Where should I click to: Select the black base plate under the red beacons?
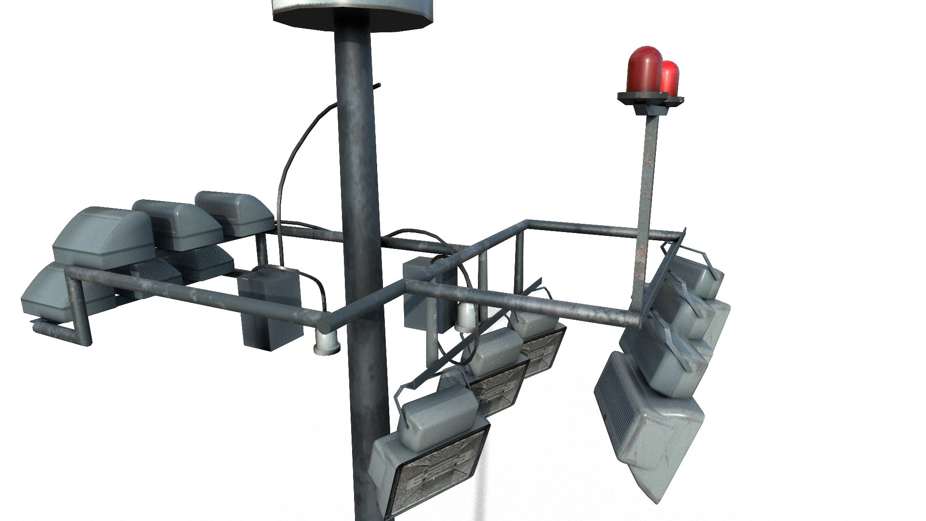(649, 100)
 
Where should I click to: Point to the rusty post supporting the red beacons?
(646, 193)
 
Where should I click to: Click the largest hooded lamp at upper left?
(104, 236)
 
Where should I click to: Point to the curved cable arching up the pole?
(294, 154)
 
